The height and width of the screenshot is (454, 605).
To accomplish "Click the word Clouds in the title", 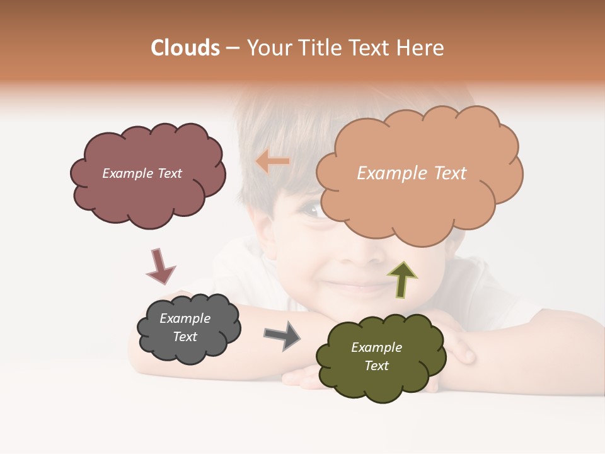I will [x=185, y=48].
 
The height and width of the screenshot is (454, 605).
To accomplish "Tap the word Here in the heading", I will [x=422, y=48].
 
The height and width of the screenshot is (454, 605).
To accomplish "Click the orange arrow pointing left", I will [x=272, y=161].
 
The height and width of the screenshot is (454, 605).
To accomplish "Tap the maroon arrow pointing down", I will [x=160, y=265].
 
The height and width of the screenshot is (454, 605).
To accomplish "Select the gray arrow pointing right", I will [x=282, y=335].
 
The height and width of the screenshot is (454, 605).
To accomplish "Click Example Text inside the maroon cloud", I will [x=142, y=173].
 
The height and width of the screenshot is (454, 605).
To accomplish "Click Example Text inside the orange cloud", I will [x=412, y=173].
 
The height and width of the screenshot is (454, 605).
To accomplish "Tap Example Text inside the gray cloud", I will [x=185, y=327].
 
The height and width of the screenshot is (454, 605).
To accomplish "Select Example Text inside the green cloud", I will [x=376, y=356].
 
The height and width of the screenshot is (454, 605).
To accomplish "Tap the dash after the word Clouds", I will [x=232, y=49].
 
